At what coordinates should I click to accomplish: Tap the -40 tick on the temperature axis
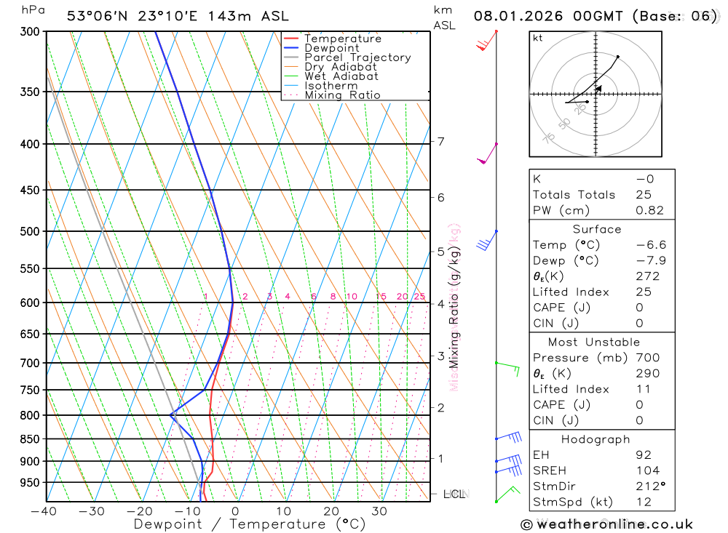click(44, 511)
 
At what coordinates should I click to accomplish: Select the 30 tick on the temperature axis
click(379, 511)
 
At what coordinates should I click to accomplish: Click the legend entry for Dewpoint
click(332, 48)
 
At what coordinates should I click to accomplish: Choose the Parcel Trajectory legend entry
click(357, 57)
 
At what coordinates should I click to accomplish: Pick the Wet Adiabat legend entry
click(341, 76)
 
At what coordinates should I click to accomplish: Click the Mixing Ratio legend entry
click(342, 95)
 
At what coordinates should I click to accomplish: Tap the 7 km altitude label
click(441, 141)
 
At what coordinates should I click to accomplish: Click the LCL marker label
click(454, 494)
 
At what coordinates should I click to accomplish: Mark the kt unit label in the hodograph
click(538, 38)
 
